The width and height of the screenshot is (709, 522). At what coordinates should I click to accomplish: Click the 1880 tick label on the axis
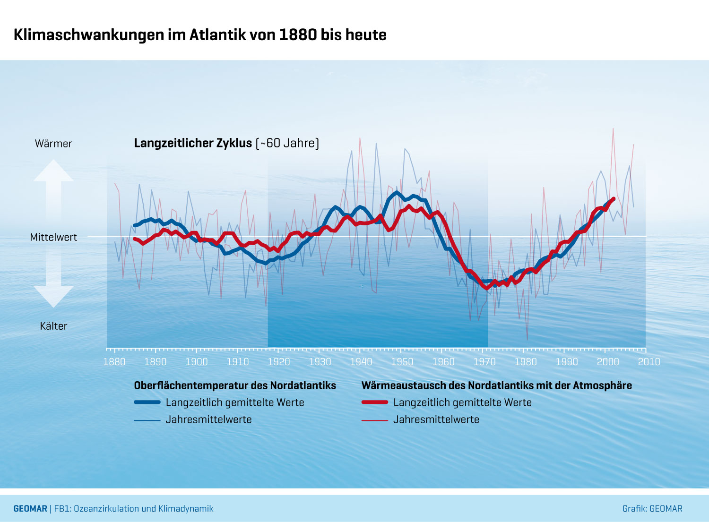pos(114,362)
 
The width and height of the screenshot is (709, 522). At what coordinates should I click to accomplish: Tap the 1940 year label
pos(361,362)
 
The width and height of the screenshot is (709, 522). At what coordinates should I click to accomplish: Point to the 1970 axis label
pos(484,362)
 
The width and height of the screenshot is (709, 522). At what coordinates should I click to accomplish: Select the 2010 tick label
pos(649,362)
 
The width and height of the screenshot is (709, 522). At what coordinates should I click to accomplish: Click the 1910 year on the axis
pos(238,362)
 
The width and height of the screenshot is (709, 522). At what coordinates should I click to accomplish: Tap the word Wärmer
pos(53,144)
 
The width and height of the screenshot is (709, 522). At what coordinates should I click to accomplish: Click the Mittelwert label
pos(53,237)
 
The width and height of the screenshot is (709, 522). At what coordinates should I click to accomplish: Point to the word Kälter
pos(53,326)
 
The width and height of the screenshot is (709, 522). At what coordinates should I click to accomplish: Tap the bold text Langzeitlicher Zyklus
pos(193,143)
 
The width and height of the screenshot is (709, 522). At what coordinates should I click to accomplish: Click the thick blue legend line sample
pos(147,402)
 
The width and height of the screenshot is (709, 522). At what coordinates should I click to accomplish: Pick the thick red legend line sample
pos(375,402)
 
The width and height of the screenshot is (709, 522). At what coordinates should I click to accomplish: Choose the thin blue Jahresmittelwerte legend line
pos(147,420)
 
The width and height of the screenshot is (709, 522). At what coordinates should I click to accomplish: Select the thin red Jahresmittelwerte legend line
pos(375,420)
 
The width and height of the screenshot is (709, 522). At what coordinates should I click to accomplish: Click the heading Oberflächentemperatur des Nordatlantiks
pos(235,385)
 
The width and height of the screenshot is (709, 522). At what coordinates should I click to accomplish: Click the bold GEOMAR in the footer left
pos(30,509)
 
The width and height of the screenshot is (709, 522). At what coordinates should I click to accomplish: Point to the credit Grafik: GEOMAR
pos(652,509)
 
